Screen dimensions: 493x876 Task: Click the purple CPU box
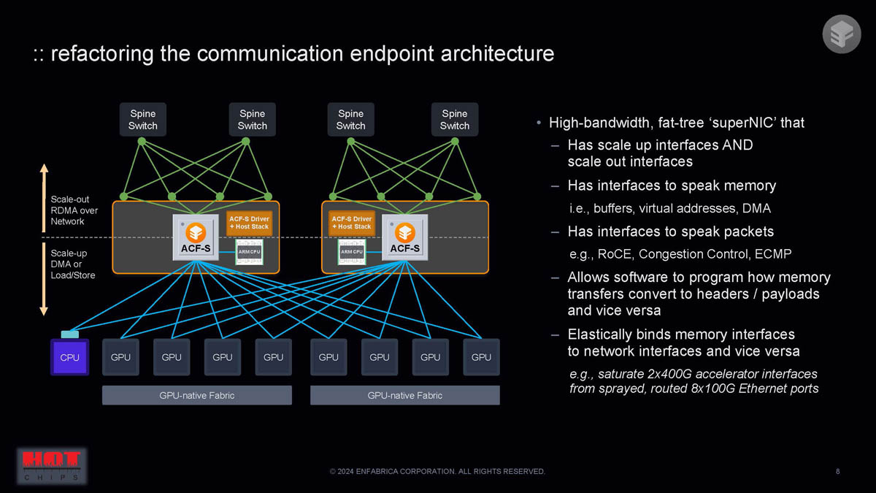point(69,357)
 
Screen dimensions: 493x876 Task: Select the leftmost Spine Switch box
point(143,120)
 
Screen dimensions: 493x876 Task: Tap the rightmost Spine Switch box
point(455,120)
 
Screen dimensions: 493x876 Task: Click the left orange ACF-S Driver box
point(249,223)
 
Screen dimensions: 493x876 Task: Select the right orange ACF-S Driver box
point(352,223)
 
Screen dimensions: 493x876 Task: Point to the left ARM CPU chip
point(249,252)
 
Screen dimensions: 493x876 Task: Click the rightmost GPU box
point(481,357)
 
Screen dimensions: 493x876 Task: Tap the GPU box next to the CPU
point(120,357)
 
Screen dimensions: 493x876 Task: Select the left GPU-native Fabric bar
point(197,395)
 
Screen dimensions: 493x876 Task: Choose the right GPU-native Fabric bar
point(404,395)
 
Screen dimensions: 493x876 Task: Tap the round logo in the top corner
point(842,34)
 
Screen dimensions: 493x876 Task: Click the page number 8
point(837,472)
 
